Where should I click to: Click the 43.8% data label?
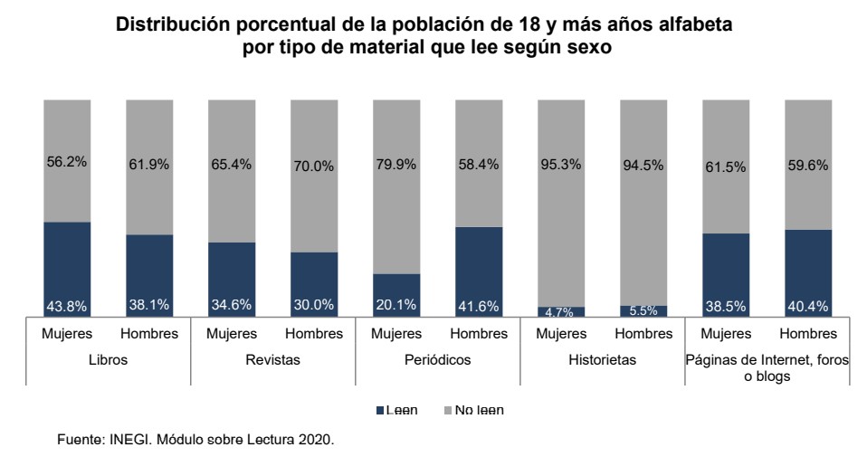(x=67, y=306)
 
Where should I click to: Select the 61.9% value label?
(x=149, y=166)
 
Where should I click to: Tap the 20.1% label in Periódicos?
(x=395, y=306)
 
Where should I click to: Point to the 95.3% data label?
(x=561, y=166)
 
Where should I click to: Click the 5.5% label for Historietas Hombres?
(x=643, y=309)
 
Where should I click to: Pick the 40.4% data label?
(x=807, y=306)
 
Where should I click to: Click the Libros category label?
(x=109, y=359)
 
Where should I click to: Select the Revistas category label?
(x=272, y=359)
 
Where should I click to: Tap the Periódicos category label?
(x=437, y=359)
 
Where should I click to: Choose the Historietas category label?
(x=602, y=359)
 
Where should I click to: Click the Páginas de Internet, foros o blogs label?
(x=767, y=367)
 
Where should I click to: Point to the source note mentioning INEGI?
(x=195, y=440)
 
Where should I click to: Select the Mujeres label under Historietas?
(x=561, y=334)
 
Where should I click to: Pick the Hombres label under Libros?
(x=149, y=334)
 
